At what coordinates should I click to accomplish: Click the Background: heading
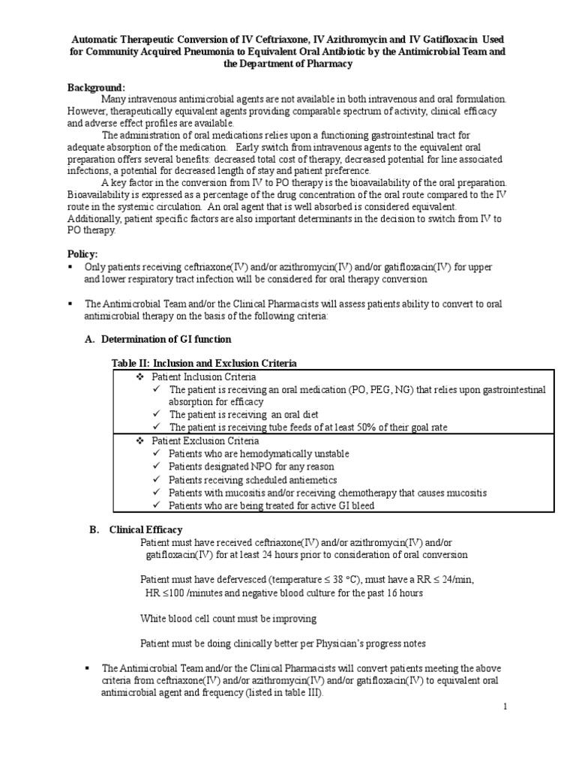click(x=97, y=88)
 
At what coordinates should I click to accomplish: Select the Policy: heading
click(x=85, y=254)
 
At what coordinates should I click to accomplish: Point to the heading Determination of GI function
click(x=166, y=339)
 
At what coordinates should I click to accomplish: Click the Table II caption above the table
click(x=204, y=363)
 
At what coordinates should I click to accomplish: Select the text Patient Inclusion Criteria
click(x=203, y=376)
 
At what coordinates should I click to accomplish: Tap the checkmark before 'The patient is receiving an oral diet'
click(x=156, y=415)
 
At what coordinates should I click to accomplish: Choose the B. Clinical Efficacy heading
click(x=145, y=529)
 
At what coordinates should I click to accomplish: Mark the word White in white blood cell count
click(x=154, y=619)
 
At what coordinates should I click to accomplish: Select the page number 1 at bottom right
click(x=505, y=706)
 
